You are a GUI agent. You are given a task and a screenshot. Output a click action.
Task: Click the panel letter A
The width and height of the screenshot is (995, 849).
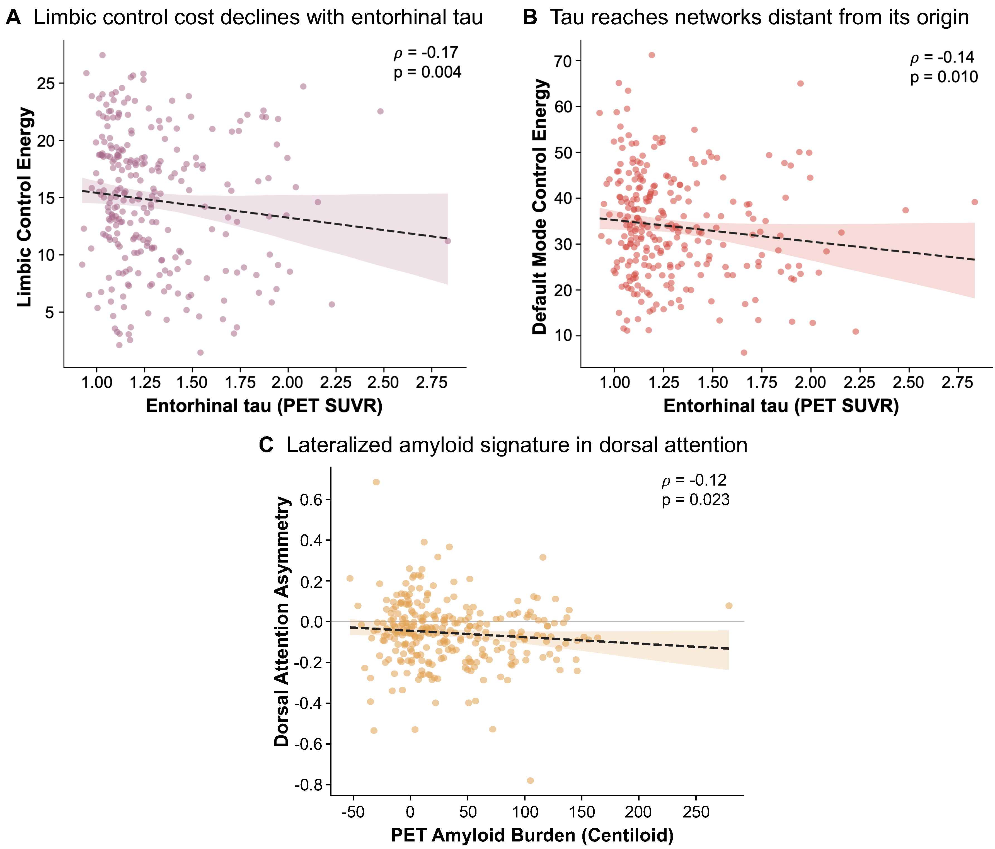[13, 18]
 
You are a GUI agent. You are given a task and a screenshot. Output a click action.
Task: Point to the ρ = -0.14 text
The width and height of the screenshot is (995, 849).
[942, 57]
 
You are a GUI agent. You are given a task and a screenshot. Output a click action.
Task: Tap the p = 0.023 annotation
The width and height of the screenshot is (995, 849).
[695, 500]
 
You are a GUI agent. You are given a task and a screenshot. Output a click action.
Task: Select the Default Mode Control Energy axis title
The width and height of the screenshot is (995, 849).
[540, 207]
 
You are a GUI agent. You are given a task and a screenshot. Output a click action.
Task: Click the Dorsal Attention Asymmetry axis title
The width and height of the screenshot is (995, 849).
[282, 622]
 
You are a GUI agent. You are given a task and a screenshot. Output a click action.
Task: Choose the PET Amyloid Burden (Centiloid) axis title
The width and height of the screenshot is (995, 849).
[532, 836]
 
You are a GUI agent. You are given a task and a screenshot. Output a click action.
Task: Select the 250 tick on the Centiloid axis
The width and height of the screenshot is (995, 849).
[696, 812]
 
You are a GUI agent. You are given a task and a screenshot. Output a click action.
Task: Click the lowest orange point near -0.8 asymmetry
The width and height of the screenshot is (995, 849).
[530, 781]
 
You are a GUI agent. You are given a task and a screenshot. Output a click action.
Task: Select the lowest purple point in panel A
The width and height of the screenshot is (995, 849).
[200, 353]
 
